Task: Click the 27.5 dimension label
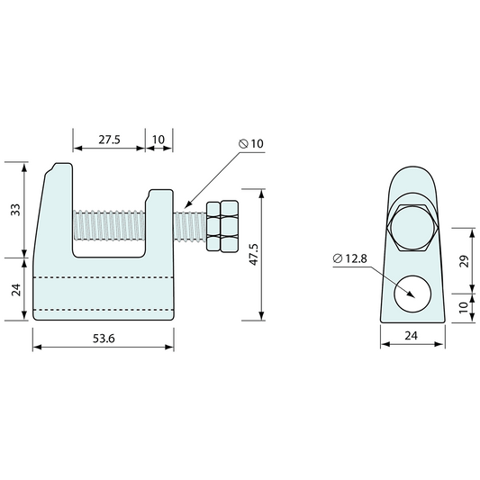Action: point(109,140)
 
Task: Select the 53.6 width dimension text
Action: point(104,339)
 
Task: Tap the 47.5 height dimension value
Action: point(254,254)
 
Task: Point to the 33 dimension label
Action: point(15,210)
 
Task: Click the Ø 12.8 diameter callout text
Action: point(350,258)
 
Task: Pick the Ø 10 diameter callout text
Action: point(251,143)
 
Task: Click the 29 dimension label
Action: point(465,261)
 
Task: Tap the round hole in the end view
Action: point(412,294)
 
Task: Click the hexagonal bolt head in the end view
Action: point(412,228)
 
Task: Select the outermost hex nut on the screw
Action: point(230,226)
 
